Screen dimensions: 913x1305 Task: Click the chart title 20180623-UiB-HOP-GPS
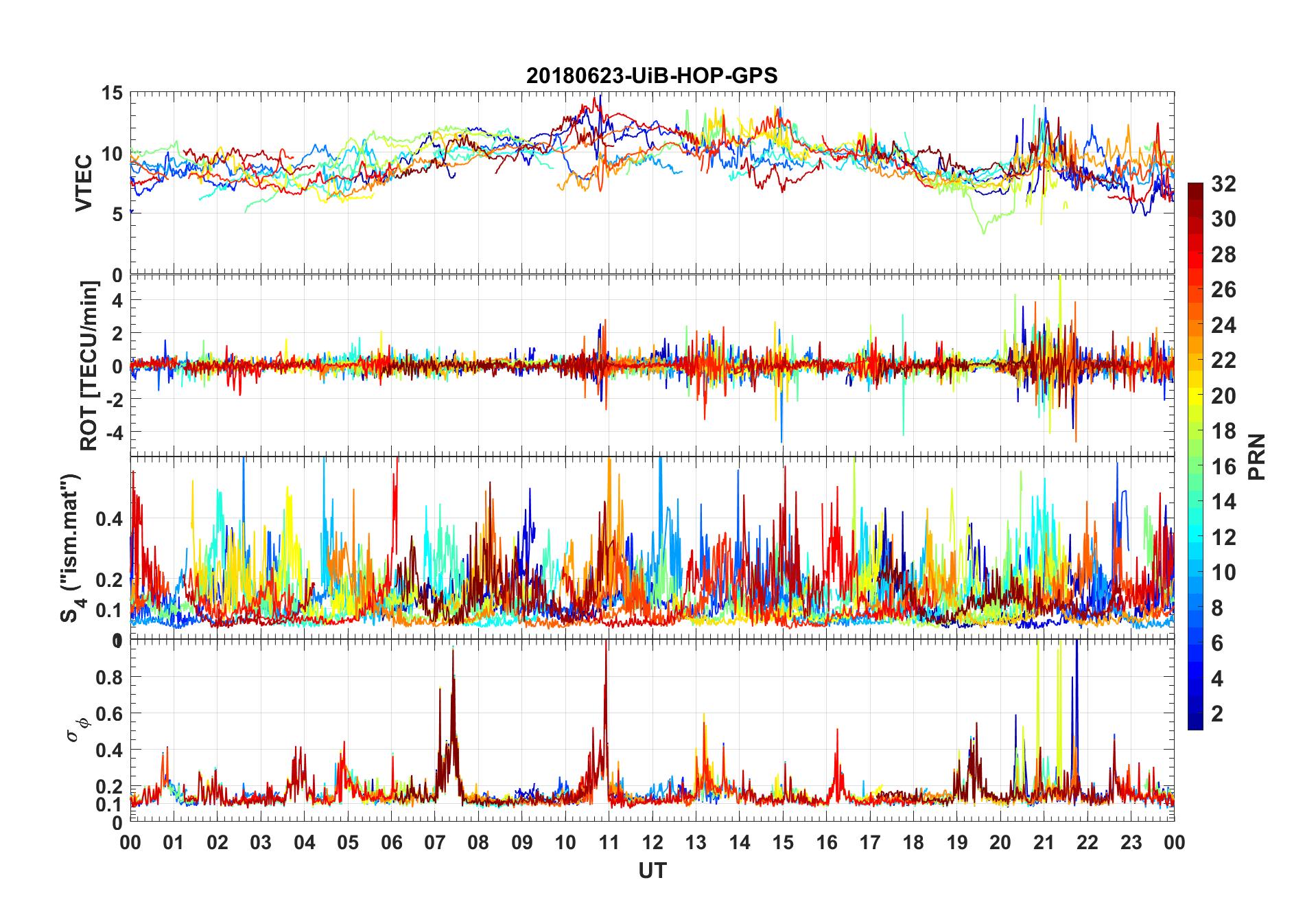pos(652,76)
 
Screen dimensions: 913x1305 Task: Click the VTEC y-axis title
pos(84,183)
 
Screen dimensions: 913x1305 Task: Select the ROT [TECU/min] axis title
pos(89,365)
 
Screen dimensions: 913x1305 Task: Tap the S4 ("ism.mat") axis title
pos(71,548)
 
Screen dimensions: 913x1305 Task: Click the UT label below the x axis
pos(652,871)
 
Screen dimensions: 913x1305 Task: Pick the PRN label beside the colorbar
pos(1256,456)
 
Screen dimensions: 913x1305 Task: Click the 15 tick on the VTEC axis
pos(112,93)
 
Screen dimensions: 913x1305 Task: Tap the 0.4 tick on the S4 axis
pos(108,519)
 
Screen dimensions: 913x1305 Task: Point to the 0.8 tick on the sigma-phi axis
pos(108,678)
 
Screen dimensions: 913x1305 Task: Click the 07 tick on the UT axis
pos(435,842)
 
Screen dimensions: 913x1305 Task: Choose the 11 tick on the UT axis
pos(609,842)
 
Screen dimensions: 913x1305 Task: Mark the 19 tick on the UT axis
pos(956,842)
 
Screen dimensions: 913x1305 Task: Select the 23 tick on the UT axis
pos(1131,842)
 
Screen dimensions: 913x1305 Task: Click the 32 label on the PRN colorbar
pos(1223,184)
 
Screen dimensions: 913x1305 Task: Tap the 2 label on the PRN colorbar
pos(1217,713)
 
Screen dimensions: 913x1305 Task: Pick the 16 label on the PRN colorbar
pos(1223,467)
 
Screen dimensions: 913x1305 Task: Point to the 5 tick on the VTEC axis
pos(117,214)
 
